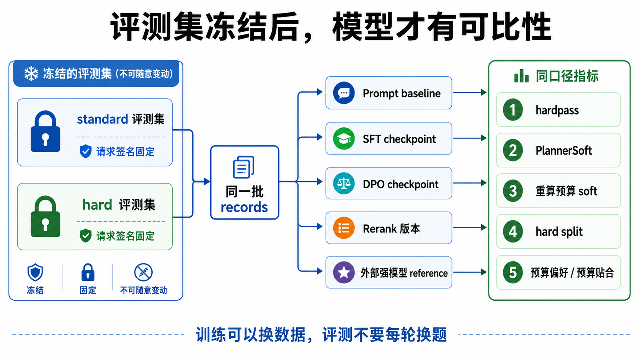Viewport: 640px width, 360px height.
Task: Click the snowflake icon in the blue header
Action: [31, 74]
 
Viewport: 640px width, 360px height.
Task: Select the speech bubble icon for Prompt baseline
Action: [344, 93]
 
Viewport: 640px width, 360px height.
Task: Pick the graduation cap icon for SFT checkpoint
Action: [344, 138]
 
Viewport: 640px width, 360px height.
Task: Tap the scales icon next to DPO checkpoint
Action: [344, 183]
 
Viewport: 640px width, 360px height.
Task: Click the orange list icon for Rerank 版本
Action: [344, 228]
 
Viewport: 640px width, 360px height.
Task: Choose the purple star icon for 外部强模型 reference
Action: [344, 272]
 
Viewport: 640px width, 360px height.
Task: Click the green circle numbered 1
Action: [513, 110]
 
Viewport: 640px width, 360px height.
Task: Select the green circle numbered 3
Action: [513, 191]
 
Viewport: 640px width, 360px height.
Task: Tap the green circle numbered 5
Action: [513, 272]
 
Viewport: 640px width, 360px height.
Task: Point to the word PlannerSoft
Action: [563, 150]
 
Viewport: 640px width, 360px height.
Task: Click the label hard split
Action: [559, 231]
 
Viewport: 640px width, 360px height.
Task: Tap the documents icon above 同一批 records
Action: [244, 167]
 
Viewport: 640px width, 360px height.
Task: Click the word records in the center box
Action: [244, 207]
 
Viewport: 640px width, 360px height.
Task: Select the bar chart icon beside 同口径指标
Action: [521, 76]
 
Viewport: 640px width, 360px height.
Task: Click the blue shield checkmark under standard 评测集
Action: [85, 151]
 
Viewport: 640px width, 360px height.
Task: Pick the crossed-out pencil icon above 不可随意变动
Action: [144, 272]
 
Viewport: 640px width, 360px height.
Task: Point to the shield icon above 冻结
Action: [35, 272]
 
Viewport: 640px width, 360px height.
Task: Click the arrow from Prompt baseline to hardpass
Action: [470, 93]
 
